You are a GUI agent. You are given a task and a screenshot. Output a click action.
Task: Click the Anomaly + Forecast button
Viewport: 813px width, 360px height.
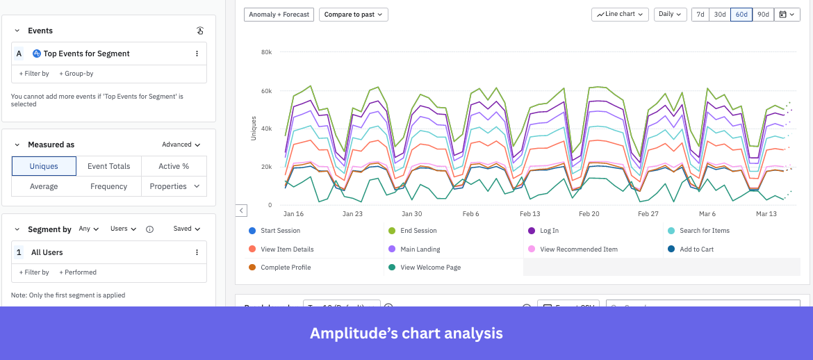coord(279,15)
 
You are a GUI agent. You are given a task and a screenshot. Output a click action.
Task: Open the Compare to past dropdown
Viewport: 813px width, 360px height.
coord(353,15)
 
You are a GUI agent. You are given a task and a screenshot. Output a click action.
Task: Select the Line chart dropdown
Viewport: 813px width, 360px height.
coord(620,15)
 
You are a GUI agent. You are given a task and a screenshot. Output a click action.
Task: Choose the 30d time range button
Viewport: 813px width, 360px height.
coord(720,15)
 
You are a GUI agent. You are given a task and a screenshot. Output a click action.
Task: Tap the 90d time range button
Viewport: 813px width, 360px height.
coord(763,15)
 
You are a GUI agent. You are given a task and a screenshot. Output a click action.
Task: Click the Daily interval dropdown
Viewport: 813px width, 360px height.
coord(670,15)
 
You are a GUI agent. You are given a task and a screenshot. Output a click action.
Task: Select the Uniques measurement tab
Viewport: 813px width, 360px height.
coord(44,166)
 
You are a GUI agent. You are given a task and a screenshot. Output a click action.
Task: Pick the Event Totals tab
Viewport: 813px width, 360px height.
coord(108,166)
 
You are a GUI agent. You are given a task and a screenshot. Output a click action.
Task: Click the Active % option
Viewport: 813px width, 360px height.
coord(174,166)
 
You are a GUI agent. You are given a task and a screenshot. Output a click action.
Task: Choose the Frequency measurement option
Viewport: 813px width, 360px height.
coord(108,186)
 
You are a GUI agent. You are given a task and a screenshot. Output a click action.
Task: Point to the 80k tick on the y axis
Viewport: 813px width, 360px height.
coord(266,52)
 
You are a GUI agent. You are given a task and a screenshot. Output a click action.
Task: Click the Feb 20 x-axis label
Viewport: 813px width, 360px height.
coord(589,214)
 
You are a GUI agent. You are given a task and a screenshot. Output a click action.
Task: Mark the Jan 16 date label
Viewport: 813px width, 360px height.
coord(293,214)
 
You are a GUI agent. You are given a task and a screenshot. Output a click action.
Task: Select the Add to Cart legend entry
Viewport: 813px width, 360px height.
coord(696,249)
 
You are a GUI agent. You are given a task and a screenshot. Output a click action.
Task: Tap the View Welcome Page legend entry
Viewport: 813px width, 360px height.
coord(430,268)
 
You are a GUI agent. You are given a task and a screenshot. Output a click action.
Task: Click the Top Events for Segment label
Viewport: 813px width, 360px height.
coord(86,54)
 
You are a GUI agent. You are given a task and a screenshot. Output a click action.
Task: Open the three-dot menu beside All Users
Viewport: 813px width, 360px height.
coord(197,252)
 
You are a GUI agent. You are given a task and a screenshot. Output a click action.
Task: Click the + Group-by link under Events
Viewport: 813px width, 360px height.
coord(76,74)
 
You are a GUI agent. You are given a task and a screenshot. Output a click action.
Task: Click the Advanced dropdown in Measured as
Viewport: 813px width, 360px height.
coord(181,145)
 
